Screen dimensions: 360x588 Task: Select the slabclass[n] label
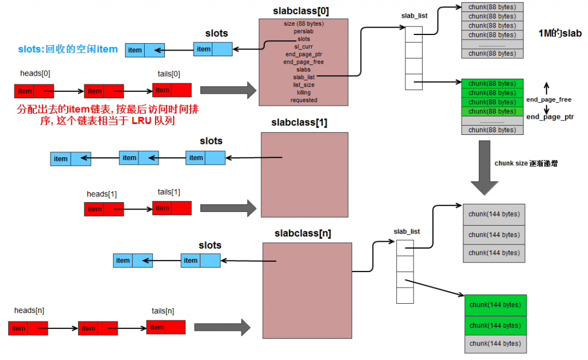pyautogui.click(x=303, y=234)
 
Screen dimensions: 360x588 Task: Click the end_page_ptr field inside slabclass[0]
pyautogui.click(x=304, y=55)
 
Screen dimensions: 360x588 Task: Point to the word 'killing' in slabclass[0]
pyautogui.click(x=304, y=92)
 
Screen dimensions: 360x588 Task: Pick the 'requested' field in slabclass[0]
pyautogui.click(x=304, y=100)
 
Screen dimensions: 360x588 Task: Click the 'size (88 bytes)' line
pyautogui.click(x=304, y=24)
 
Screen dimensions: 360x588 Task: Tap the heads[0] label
pyautogui.click(x=35, y=73)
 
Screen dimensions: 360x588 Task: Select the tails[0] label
pyautogui.click(x=169, y=73)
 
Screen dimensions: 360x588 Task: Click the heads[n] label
pyautogui.click(x=29, y=311)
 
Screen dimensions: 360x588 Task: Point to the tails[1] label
pyautogui.click(x=169, y=192)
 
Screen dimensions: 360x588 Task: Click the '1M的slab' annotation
pyautogui.click(x=560, y=33)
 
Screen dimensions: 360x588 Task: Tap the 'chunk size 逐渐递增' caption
pyautogui.click(x=526, y=164)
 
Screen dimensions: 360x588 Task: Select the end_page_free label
pyautogui.click(x=548, y=100)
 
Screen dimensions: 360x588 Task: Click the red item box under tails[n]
pyautogui.click(x=166, y=327)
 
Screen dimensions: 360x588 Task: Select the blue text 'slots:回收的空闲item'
pyautogui.click(x=68, y=49)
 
